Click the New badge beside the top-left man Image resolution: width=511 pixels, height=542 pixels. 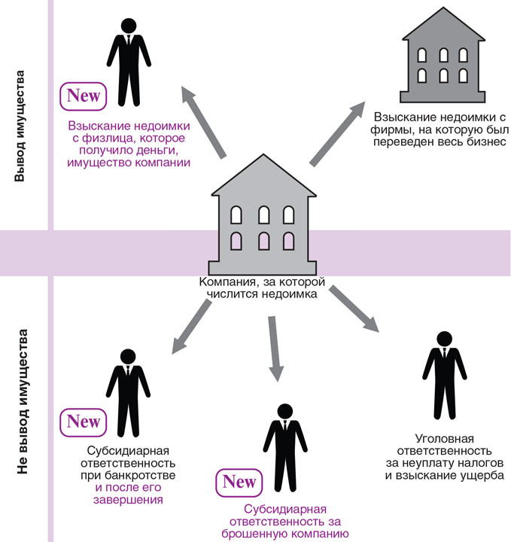pos(84,96)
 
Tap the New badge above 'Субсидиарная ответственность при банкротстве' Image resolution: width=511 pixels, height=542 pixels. pos(84,421)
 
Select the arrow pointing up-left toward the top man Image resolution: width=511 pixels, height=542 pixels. pos(203,120)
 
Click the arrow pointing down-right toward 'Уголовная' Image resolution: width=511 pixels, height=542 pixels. pos(351,309)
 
